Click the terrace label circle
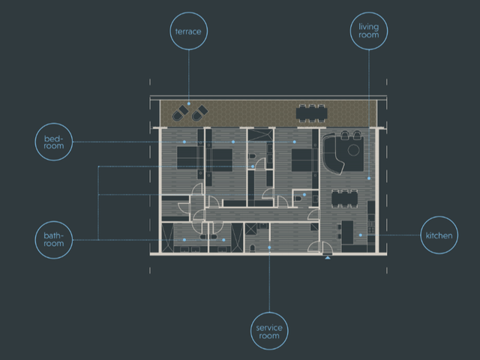point(188,13)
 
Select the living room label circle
point(369,13)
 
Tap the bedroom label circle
point(54,124)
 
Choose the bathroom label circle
point(54,222)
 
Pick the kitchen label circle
point(439,217)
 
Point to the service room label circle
point(269,313)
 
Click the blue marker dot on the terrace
point(189,103)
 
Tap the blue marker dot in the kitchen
point(361,235)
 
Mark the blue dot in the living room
point(369,178)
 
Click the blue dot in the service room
point(269,247)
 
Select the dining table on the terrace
point(312,113)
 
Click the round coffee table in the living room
point(353,150)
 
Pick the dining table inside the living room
point(345,199)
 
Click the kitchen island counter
point(347,232)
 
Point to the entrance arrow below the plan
point(328,258)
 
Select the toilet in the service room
point(253,248)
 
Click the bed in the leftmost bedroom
point(190,158)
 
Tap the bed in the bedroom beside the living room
point(303,160)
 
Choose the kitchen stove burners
point(371,229)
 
